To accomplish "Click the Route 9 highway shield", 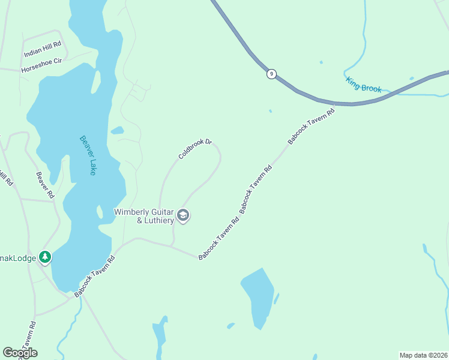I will (x=272, y=74).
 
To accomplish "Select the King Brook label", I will (x=364, y=85).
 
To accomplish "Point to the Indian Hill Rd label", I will (x=43, y=49).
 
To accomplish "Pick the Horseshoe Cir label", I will (x=41, y=65).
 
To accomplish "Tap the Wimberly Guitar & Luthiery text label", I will (x=144, y=216).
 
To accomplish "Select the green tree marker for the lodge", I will (x=45, y=257).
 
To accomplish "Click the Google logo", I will (x=20, y=353).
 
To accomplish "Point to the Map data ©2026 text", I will (x=423, y=355).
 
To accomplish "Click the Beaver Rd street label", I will (x=45, y=186).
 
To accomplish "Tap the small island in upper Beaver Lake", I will (x=95, y=82).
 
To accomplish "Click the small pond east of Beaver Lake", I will (x=117, y=130).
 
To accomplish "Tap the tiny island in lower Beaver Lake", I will (x=98, y=212).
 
